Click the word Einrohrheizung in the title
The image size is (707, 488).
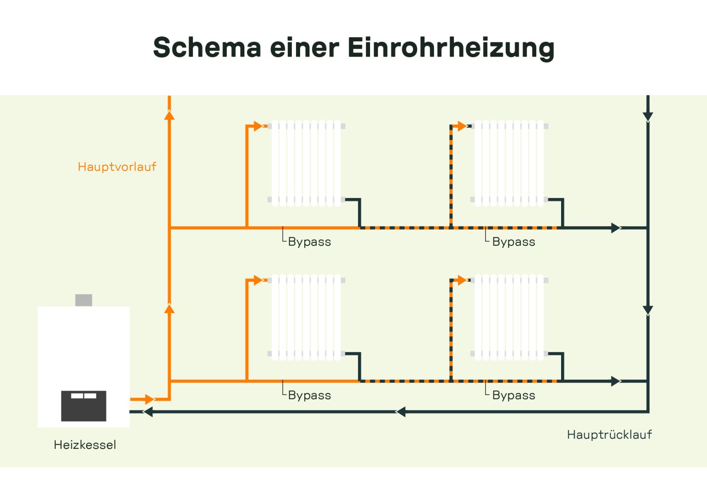451,47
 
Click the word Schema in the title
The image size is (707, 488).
207,47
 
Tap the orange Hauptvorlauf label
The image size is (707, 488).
117,167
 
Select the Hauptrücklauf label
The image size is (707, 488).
609,435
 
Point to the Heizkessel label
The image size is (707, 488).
85,445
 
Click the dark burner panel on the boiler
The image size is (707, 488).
84,406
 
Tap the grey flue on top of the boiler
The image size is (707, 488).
84,300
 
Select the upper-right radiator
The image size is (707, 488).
509,163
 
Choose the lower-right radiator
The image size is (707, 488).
509,317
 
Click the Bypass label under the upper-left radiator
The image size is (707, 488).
309,242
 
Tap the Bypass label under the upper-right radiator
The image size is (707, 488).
513,242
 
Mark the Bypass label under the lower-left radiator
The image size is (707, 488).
309,395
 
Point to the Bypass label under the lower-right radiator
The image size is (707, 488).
513,395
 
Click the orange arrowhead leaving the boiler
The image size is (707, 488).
149,399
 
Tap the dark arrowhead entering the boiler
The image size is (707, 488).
148,412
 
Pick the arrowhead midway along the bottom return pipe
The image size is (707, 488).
401,412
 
